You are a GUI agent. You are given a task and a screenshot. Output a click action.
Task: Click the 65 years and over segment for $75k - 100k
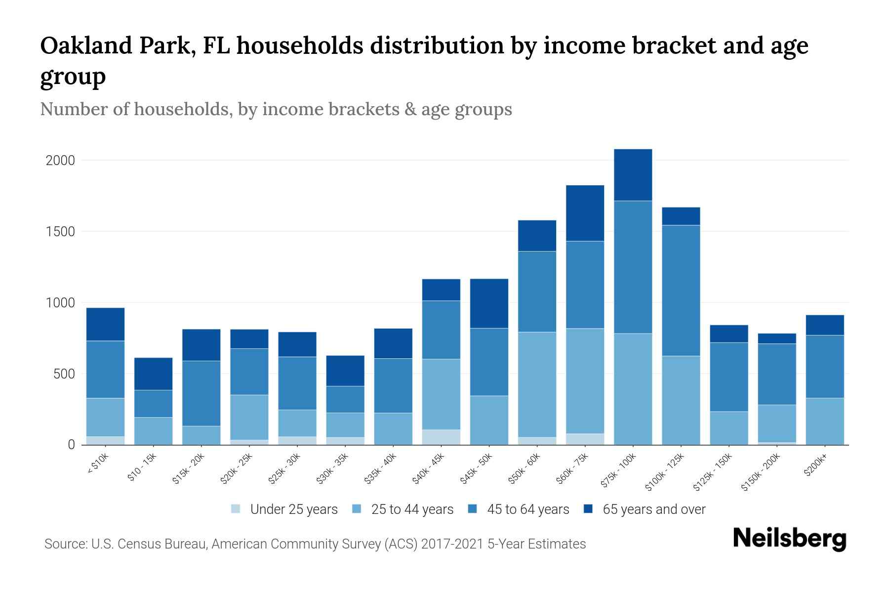point(633,175)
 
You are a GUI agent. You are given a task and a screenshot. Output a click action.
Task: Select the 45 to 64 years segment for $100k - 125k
point(681,291)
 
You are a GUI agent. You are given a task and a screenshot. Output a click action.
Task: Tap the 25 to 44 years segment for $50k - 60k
point(537,384)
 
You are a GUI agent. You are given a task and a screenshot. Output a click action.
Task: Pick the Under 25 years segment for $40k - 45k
point(441,437)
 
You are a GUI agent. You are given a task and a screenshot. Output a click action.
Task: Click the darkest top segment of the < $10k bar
point(105,324)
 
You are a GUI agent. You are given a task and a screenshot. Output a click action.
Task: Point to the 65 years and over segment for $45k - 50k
point(489,303)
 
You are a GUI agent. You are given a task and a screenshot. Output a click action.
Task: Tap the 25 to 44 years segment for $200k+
point(825,421)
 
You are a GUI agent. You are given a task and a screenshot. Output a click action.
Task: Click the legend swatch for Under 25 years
point(236,509)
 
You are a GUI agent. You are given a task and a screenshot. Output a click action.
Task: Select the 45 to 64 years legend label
point(528,509)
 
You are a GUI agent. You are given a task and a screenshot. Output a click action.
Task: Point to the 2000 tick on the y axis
point(60,161)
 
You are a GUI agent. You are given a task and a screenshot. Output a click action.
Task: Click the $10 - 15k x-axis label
point(142,467)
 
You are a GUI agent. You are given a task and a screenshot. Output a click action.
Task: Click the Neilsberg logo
point(789,539)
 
